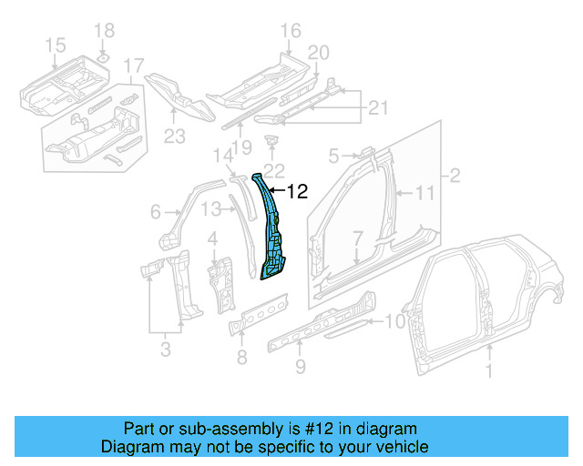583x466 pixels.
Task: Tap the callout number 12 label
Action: pos(298,192)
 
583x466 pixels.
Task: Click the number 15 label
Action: pos(55,45)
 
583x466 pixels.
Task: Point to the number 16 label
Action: pos(290,32)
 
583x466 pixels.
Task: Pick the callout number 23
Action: pos(174,137)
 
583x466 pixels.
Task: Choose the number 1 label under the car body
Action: pos(488,370)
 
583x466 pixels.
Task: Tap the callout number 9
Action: pos(300,367)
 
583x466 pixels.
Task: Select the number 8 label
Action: pos(241,357)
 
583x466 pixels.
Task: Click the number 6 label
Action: pos(156,212)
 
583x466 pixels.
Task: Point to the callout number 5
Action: pos(333,155)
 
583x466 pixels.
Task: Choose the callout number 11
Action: pos(426,192)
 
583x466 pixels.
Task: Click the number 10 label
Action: pos(393,320)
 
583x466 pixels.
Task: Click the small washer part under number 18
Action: pos(104,58)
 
